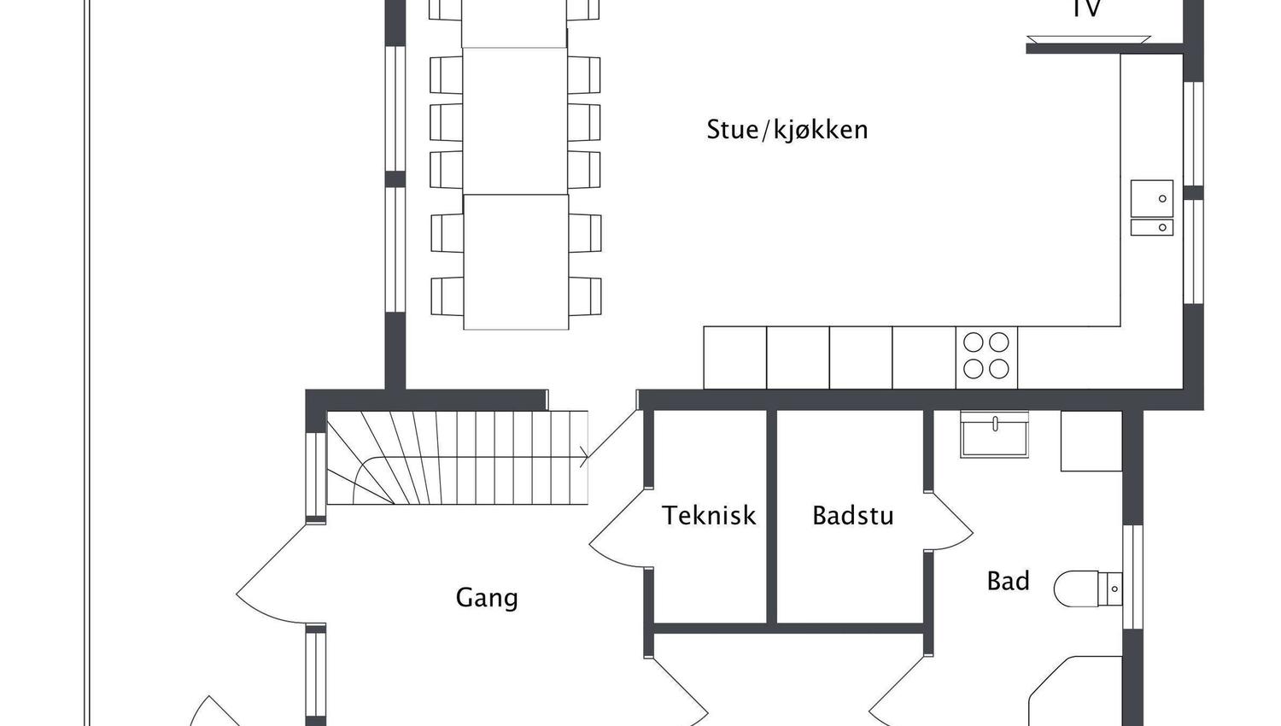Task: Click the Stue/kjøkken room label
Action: pyautogui.click(x=787, y=130)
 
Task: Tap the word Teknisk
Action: pyautogui.click(x=709, y=515)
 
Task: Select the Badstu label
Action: pyautogui.click(x=852, y=516)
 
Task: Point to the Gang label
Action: pyautogui.click(x=487, y=597)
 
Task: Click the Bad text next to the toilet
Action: pyautogui.click(x=1008, y=582)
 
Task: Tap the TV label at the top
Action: pyautogui.click(x=1086, y=9)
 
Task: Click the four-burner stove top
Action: pyautogui.click(x=986, y=356)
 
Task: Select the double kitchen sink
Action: pyautogui.click(x=1151, y=208)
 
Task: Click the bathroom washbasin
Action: pyautogui.click(x=994, y=435)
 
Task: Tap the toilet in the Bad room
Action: pyautogui.click(x=1083, y=588)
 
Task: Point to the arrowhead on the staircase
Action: pyautogui.click(x=584, y=457)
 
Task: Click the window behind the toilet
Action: pyautogui.click(x=1132, y=577)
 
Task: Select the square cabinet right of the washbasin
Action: pyautogui.click(x=1091, y=441)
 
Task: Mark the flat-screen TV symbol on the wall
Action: pyautogui.click(x=1088, y=39)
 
